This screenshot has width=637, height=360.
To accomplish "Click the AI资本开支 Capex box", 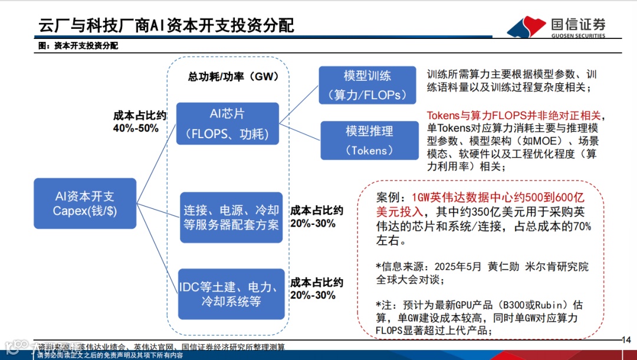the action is pos(85,204).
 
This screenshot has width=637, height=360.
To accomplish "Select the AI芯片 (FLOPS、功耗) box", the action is pos(227,123).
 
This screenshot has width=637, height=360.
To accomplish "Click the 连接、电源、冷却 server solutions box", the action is pos(231,217).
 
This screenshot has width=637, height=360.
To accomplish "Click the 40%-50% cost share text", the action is pos(136,128).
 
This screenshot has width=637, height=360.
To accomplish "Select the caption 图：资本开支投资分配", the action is pos(78,45).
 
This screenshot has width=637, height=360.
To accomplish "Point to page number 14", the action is pos(626,339).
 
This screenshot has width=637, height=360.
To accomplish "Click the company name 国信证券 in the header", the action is pos(578,24).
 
